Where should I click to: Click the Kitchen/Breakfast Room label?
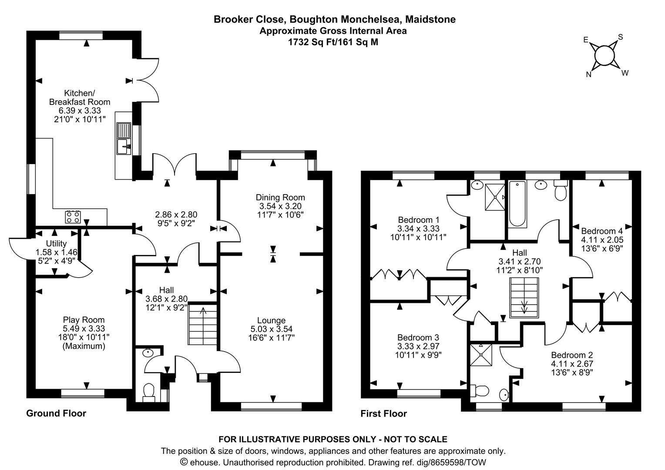pos(80,97)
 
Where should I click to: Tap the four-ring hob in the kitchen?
pos(73,216)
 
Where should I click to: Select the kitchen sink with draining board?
pos(124,138)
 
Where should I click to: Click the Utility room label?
pos(57,243)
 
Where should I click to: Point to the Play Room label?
pos(84,320)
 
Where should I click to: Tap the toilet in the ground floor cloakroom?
pos(149,393)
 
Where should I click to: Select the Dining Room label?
pos(280,198)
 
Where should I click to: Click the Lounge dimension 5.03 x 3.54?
pos(271,329)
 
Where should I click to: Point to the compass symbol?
pos(605,56)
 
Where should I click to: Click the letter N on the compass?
pos(589,74)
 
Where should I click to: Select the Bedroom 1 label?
pos(418,220)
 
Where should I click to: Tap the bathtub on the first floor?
pos(517,204)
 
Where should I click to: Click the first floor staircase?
pos(524,298)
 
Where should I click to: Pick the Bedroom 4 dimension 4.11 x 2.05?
pos(602,240)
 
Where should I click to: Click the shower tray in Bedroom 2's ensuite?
pos(481,355)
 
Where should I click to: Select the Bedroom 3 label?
pos(418,338)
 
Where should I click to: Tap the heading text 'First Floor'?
pos(383,413)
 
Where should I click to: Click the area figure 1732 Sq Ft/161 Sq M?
pos(333,42)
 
